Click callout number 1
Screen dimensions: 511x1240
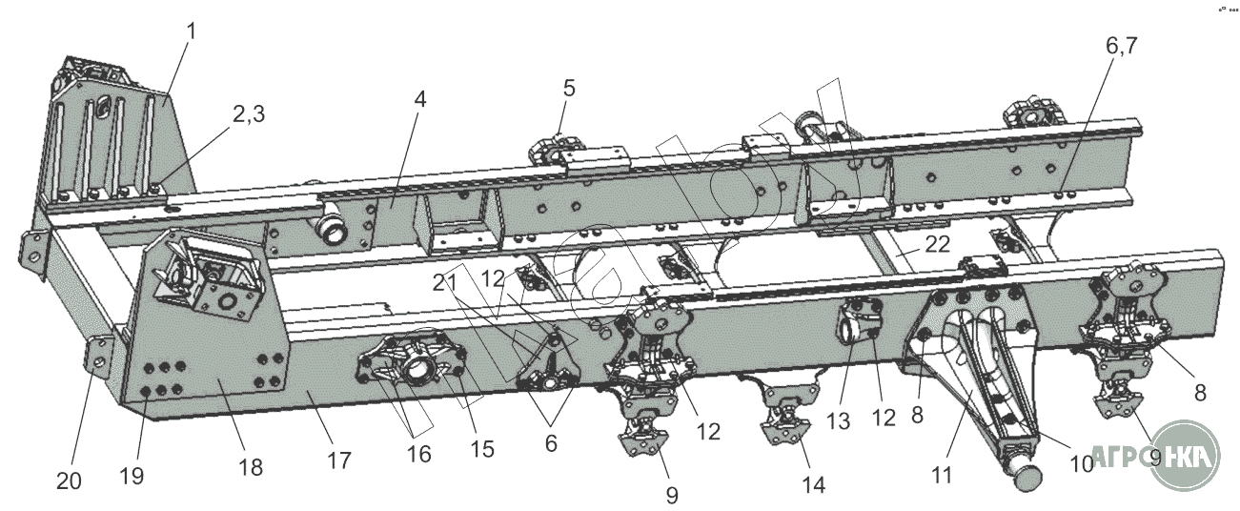point(192,31)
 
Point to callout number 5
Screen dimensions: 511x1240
point(569,89)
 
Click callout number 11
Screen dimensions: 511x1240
point(942,474)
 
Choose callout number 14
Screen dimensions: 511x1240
point(813,485)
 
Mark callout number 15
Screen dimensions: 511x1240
point(483,447)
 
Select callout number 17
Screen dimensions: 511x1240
point(338,460)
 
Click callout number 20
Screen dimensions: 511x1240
point(69,481)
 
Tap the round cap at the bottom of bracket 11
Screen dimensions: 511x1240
point(1024,477)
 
